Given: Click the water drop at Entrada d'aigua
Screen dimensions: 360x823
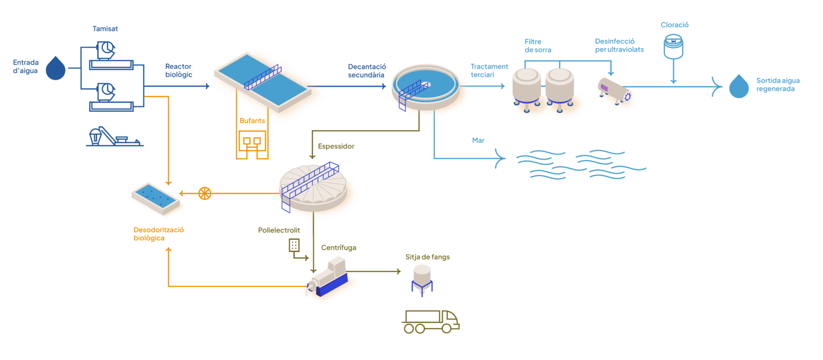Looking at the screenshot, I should tap(56, 69).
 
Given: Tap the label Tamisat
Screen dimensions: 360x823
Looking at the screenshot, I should tap(105, 29).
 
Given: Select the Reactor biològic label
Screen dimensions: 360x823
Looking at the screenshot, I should tap(179, 70).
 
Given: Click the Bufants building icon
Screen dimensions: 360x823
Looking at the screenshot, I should tap(252, 144).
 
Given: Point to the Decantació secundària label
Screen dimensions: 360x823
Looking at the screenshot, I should tap(367, 71).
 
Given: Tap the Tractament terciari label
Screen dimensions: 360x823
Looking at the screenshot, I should tap(489, 70).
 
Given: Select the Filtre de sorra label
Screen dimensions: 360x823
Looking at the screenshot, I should tap(538, 46).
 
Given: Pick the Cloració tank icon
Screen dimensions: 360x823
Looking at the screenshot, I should tap(673, 46).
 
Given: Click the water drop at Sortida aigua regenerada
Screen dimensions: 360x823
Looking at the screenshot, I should tap(739, 87).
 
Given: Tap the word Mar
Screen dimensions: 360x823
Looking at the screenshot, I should tap(478, 141).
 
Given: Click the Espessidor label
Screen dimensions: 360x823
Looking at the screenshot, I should tap(336, 146).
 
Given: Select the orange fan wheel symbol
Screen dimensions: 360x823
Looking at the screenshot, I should tap(205, 193).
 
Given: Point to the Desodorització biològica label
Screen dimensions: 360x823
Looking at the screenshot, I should tap(159, 234).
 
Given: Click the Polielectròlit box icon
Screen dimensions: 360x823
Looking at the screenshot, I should tap(294, 245).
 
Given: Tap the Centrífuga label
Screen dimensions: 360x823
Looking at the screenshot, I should tap(338, 248).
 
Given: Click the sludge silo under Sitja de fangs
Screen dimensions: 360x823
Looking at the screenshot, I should tap(422, 279).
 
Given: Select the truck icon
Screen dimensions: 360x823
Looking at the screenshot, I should tap(430, 321).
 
